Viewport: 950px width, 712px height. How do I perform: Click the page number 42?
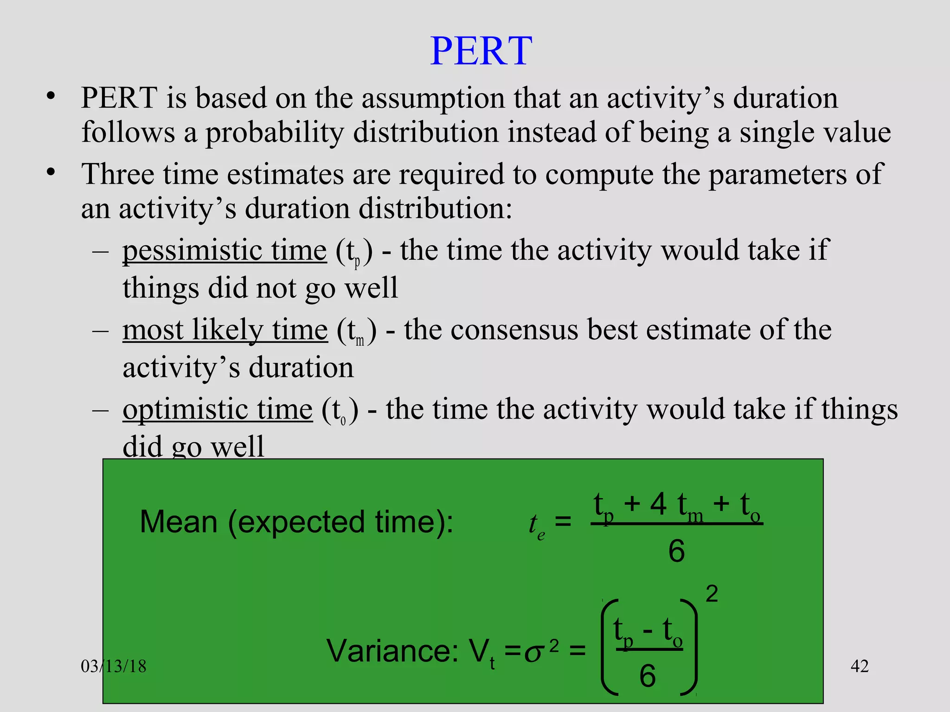(x=859, y=666)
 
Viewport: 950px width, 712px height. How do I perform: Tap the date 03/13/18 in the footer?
(x=114, y=667)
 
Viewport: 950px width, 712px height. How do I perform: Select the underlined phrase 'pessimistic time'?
(x=225, y=251)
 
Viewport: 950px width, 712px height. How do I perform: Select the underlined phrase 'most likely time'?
(x=225, y=330)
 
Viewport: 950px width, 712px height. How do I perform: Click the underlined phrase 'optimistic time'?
(x=218, y=410)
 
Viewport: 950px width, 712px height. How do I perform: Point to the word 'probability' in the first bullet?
(x=274, y=133)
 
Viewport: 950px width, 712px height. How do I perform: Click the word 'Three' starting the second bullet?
(x=118, y=175)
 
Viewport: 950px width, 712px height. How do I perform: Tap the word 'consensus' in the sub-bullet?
(x=514, y=330)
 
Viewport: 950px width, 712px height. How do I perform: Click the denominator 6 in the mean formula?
(x=676, y=552)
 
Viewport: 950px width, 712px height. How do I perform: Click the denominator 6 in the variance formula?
(x=648, y=676)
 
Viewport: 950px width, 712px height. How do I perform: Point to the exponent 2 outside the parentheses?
(x=712, y=594)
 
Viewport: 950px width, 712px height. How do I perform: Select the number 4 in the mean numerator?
(x=658, y=504)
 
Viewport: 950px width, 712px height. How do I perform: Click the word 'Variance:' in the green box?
(x=392, y=651)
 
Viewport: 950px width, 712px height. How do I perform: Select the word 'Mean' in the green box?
(x=179, y=522)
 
